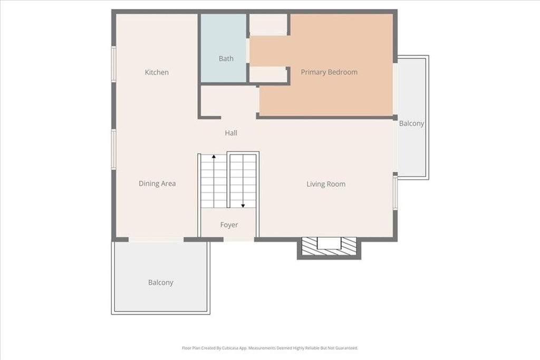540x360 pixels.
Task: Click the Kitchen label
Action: click(x=157, y=72)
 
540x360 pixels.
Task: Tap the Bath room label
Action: click(x=226, y=59)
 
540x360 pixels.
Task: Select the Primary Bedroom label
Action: click(x=329, y=72)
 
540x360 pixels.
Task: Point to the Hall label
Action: click(x=231, y=133)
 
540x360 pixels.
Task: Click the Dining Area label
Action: click(x=157, y=183)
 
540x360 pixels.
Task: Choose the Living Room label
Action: click(x=326, y=184)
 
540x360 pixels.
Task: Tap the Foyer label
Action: click(x=229, y=225)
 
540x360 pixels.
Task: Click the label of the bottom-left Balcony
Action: click(x=161, y=283)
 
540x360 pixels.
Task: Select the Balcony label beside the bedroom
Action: click(x=411, y=123)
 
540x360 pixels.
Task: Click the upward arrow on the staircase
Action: click(x=214, y=157)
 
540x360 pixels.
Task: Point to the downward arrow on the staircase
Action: click(x=243, y=205)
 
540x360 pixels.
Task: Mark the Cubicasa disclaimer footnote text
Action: click(x=270, y=348)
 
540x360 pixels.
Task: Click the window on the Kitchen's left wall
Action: click(x=113, y=64)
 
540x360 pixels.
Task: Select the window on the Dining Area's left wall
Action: click(x=113, y=149)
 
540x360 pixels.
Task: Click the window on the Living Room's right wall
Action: click(x=395, y=192)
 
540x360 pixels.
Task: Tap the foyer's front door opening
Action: click(x=238, y=239)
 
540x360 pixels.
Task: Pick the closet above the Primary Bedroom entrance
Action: click(x=268, y=24)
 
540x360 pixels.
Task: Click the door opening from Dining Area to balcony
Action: click(x=156, y=239)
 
